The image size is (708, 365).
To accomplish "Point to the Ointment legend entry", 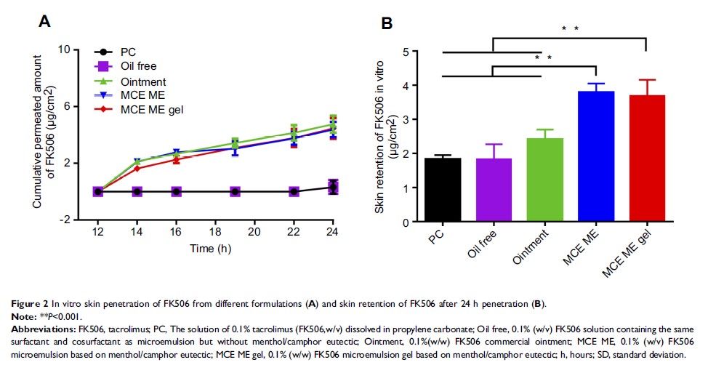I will click(142, 81).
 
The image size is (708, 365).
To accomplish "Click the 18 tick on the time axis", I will click(215, 231).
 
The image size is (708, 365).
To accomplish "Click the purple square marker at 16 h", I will click(176, 191).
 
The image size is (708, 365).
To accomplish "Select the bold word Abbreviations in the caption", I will click(35, 328).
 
